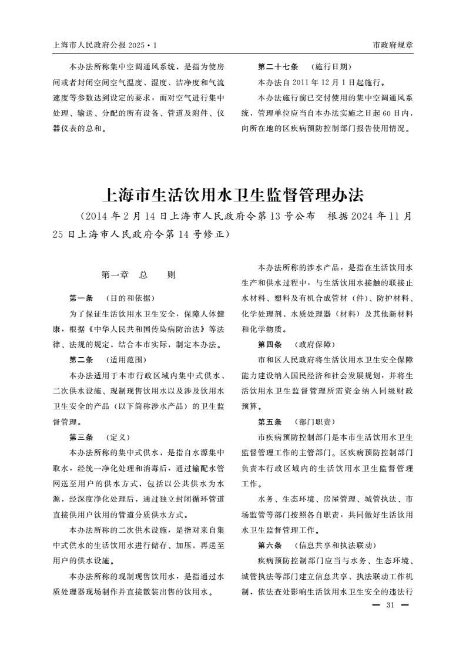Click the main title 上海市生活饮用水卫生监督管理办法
pos(233,194)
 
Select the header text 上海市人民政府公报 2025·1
pos(105,45)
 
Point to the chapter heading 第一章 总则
pos(139,274)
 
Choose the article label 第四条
pos(270,344)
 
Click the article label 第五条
pos(270,422)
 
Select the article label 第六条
pos(270,545)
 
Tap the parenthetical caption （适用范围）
pos(126,359)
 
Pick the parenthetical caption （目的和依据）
pos(130,298)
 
